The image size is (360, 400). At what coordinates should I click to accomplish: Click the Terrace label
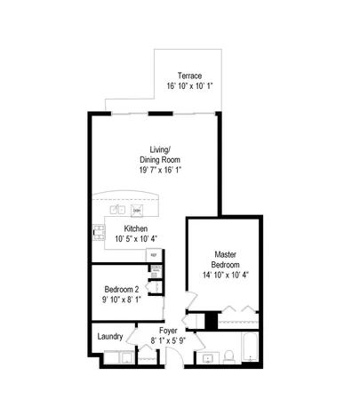point(188,75)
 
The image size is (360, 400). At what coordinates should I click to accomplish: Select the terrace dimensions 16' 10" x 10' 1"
point(188,86)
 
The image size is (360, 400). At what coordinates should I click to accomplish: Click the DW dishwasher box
point(137,210)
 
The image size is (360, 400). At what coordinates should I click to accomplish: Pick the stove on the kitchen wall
point(99,233)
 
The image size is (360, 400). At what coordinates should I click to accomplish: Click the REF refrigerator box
point(153,255)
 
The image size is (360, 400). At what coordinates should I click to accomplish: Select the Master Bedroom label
point(225,258)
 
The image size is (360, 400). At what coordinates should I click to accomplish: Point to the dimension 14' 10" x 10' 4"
point(225,276)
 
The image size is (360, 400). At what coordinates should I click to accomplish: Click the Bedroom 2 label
point(122,290)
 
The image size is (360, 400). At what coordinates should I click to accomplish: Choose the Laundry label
point(109,336)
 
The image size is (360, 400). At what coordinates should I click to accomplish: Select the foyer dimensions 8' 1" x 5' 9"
point(167,340)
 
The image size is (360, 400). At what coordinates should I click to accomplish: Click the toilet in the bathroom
point(228,357)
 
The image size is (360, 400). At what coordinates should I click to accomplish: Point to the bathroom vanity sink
point(208,359)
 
